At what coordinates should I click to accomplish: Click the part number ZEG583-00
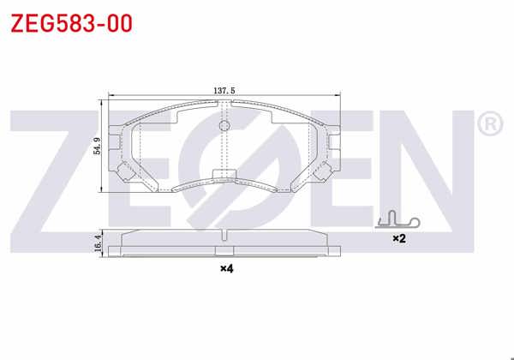[x=71, y=23]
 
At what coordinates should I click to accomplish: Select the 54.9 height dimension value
[x=98, y=147]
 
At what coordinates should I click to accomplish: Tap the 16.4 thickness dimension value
[x=98, y=243]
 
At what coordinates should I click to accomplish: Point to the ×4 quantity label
[x=225, y=269]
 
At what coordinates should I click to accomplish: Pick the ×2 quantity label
[x=397, y=237]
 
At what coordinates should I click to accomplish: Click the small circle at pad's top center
[x=225, y=127]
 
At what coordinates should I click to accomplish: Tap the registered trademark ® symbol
[x=487, y=126]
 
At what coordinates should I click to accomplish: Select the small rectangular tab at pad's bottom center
[x=224, y=177]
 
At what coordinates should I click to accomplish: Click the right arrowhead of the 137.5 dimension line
[x=343, y=94]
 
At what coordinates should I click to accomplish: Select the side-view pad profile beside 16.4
[x=224, y=243]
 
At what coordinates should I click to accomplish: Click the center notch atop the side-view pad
[x=224, y=236]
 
